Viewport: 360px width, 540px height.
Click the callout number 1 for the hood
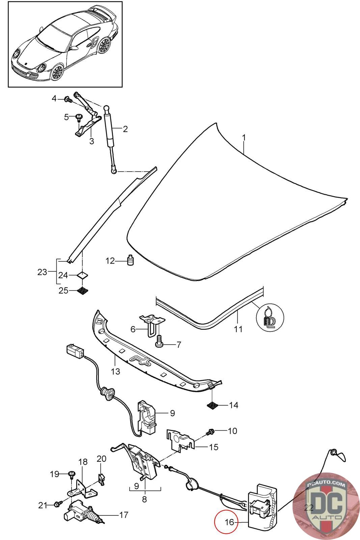(244, 138)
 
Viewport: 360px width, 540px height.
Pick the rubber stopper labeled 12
(130, 260)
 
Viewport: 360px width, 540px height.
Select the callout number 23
(42, 272)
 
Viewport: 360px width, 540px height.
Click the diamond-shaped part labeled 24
(82, 275)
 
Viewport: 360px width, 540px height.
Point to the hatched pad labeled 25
(82, 290)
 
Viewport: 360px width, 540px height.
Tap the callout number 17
(124, 515)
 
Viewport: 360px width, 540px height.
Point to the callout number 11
(238, 329)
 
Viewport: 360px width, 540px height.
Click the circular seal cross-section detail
(270, 317)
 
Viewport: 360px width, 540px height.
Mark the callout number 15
(214, 447)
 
